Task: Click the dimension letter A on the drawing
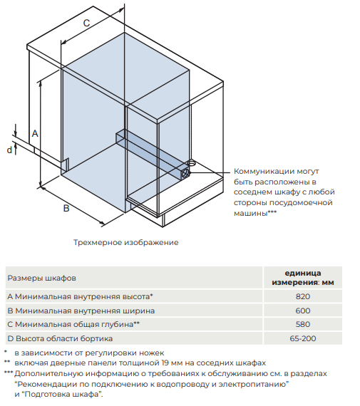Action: pyautogui.click(x=34, y=133)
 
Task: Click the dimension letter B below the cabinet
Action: pyautogui.click(x=66, y=209)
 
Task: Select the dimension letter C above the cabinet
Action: pyautogui.click(x=86, y=23)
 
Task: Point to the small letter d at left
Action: pyautogui.click(x=10, y=150)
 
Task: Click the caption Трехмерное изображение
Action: pyautogui.click(x=125, y=243)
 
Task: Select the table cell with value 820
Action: pyautogui.click(x=303, y=296)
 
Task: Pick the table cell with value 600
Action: pyautogui.click(x=303, y=311)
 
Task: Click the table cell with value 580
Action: pyautogui.click(x=303, y=324)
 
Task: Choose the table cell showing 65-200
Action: pyautogui.click(x=303, y=338)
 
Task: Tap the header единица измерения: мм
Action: pyautogui.click(x=303, y=277)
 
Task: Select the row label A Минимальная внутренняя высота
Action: pyautogui.click(x=80, y=296)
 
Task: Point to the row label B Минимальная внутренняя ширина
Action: pyautogui.click(x=80, y=311)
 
